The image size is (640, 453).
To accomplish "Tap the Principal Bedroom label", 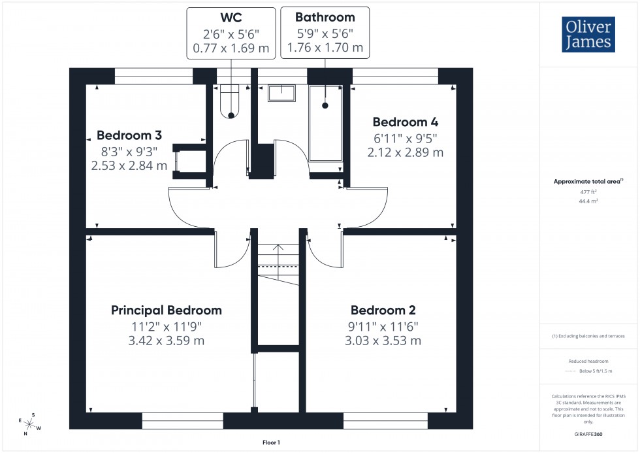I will [167, 310].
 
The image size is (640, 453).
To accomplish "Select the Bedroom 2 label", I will [383, 310].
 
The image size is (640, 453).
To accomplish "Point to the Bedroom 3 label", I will [129, 135].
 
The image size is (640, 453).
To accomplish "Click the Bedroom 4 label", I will [406, 122].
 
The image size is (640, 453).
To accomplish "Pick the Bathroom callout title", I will [325, 17].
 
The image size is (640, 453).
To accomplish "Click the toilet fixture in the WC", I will [231, 101].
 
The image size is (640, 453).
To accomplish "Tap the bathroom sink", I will [281, 93].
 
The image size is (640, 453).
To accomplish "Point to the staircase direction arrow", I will [278, 249].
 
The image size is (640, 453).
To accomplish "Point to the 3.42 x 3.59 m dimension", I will [167, 341].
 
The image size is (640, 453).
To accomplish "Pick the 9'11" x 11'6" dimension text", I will [383, 326].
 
